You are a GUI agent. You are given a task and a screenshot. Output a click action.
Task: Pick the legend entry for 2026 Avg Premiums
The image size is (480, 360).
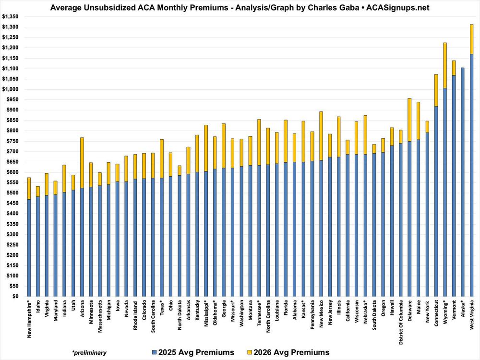coord(288,352)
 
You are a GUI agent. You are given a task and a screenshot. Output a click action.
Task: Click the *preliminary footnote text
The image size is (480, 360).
coord(89,353)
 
